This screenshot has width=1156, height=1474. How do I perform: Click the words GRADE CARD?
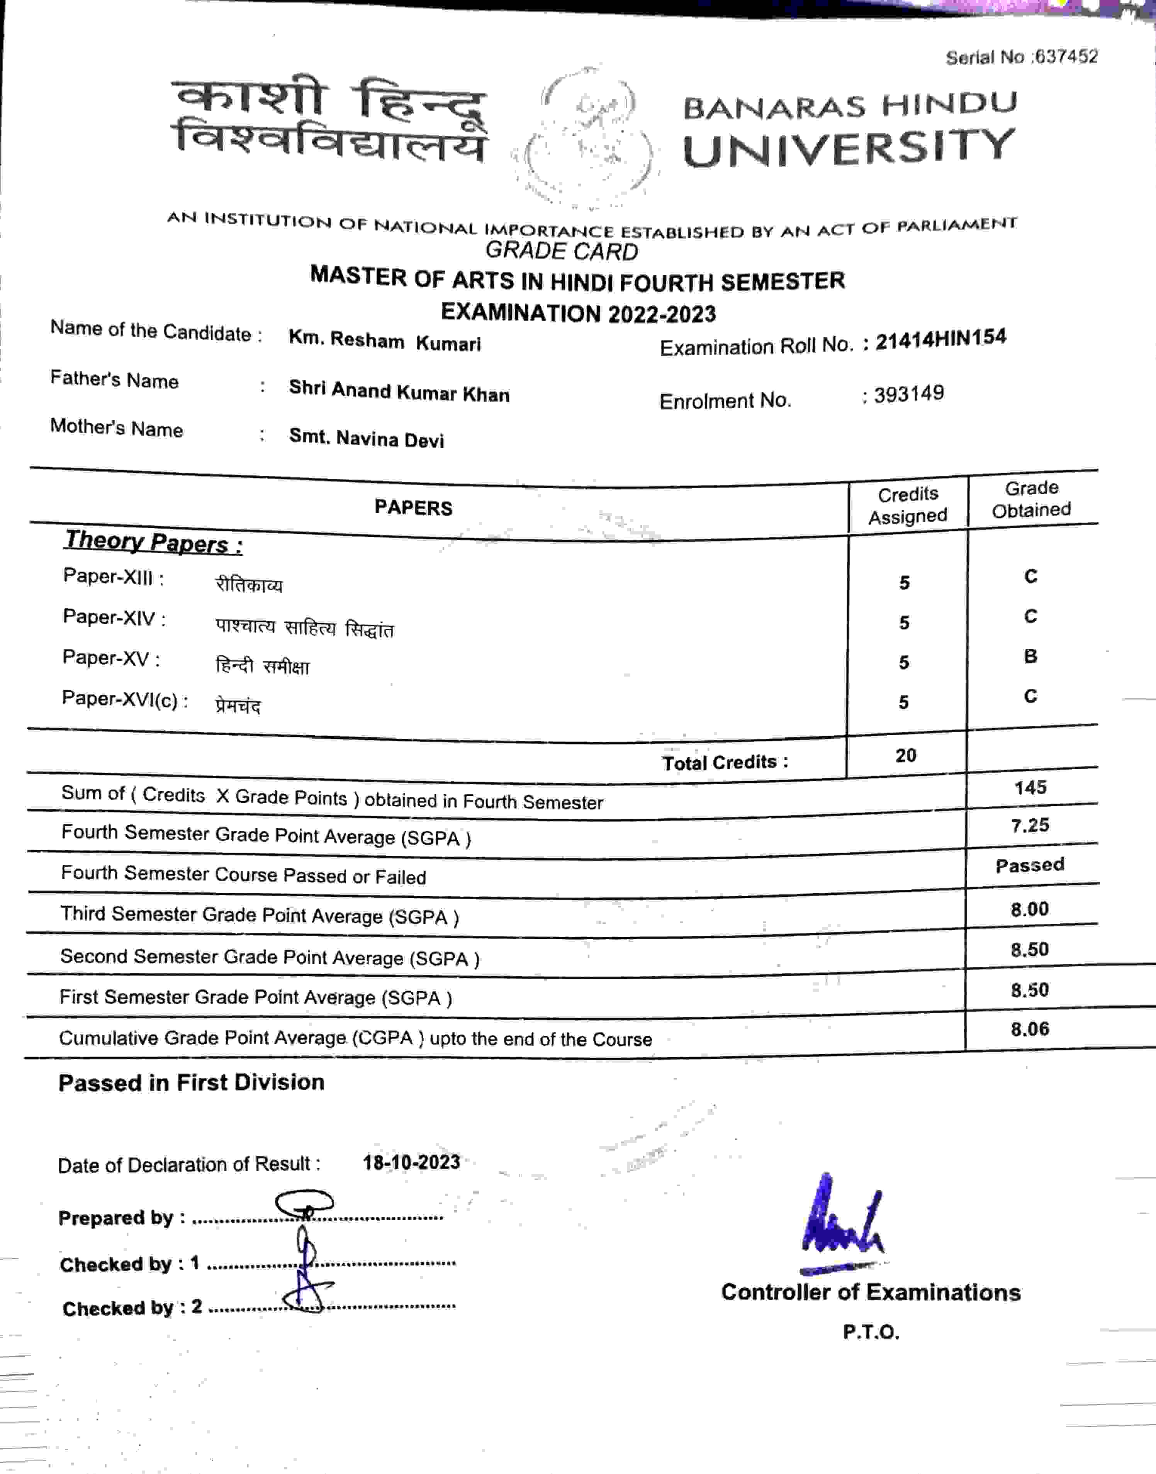coord(561,251)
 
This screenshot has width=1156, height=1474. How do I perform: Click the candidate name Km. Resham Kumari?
coord(384,341)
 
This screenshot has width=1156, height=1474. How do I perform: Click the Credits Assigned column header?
coord(908,505)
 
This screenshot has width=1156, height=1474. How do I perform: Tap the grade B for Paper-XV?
coord(1030,656)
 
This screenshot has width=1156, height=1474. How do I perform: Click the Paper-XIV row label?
coord(114,617)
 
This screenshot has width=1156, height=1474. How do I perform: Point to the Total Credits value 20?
coord(906,755)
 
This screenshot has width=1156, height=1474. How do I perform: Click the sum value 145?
coord(1030,787)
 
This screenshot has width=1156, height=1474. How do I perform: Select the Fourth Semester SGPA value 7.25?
coord(1030,825)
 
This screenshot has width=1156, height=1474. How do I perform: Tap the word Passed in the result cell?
coord(1029,865)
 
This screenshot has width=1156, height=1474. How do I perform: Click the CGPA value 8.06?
coord(1029,1030)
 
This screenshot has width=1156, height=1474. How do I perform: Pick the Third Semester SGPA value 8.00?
coord(1029,909)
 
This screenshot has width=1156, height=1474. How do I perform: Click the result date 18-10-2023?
coord(411,1162)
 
